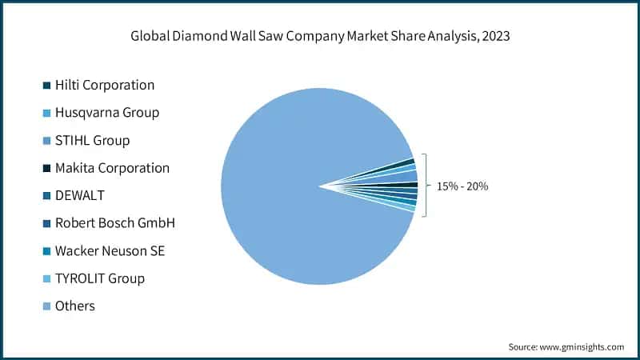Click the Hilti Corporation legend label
pos(105,85)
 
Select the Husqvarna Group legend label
pos(106,112)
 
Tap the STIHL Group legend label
pos(92,140)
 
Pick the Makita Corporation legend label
pos(112,168)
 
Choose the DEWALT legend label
pos(80,195)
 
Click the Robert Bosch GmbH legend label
pos(114,223)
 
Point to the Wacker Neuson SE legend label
pos(110,251)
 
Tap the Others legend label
pos(74,306)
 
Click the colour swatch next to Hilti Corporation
pos(47,85)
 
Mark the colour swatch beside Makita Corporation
pos(47,168)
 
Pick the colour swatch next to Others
pos(47,306)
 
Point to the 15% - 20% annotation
pos(462,186)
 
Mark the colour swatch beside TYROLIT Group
pos(47,278)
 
